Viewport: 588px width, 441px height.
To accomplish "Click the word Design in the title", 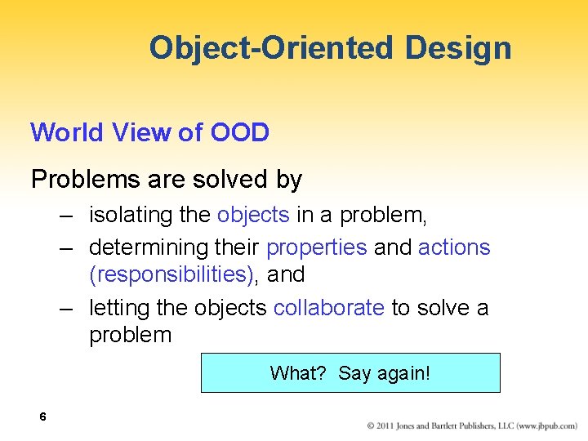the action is click(x=458, y=49).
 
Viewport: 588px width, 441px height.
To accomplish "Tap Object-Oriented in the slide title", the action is click(x=271, y=48).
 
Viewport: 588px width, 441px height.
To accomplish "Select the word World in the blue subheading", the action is click(x=67, y=132).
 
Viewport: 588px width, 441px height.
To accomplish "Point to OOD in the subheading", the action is click(x=240, y=132).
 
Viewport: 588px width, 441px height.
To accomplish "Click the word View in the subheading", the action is click(x=141, y=132).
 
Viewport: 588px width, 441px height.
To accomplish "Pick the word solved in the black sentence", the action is click(x=229, y=179).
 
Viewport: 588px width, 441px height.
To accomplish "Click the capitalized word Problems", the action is click(x=86, y=179).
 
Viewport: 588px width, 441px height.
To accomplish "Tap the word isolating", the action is click(x=131, y=216).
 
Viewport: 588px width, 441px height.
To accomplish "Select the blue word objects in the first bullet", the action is click(x=253, y=216).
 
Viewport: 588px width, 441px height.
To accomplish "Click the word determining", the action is click(x=149, y=247).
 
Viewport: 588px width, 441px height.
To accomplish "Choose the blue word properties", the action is click(x=317, y=248).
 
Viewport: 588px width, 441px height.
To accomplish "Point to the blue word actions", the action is click(x=454, y=247).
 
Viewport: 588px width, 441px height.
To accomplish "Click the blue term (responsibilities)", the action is click(x=171, y=274).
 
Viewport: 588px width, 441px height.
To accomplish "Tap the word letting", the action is click(x=119, y=308).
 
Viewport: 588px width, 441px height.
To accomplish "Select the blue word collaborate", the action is click(x=329, y=308).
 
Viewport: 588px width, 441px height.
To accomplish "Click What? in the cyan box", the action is click(x=298, y=373).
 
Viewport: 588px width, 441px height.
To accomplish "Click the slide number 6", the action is click(x=42, y=416).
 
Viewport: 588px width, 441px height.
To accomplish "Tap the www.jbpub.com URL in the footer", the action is click(x=546, y=426).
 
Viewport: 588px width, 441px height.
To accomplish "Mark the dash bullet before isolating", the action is click(x=66, y=216).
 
